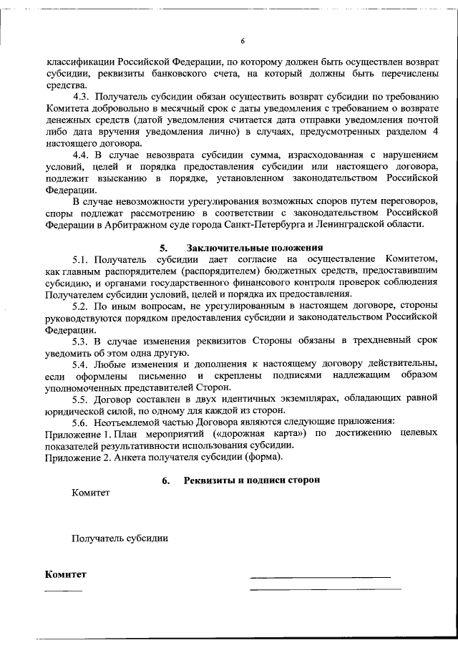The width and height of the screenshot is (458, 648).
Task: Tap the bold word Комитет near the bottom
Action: (65, 574)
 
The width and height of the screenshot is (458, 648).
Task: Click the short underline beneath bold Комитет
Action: (63, 590)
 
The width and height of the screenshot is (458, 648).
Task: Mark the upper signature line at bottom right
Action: (320, 577)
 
